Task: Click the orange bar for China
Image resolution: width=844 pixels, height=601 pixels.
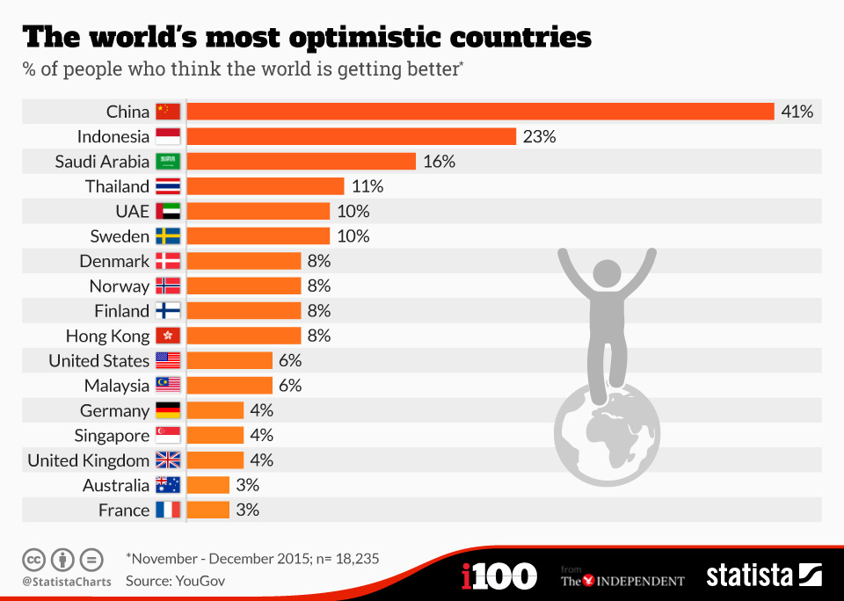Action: click(x=480, y=112)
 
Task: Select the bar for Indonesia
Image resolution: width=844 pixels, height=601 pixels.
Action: click(x=351, y=136)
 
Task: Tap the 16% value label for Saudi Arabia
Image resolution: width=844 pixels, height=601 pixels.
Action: click(x=438, y=162)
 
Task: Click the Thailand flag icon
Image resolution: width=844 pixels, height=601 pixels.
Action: click(x=168, y=186)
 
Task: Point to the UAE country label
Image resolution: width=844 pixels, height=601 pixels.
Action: click(x=132, y=212)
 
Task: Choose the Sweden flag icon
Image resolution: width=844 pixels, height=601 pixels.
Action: click(x=168, y=236)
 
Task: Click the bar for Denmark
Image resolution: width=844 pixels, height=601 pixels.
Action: click(x=244, y=261)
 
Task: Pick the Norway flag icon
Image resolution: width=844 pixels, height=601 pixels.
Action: click(x=168, y=286)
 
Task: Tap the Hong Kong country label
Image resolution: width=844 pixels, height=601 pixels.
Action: click(x=107, y=336)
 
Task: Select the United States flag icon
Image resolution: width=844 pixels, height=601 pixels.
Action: click(x=168, y=360)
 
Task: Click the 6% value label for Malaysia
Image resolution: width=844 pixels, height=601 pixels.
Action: click(x=289, y=386)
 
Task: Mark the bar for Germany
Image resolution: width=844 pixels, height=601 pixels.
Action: click(x=215, y=410)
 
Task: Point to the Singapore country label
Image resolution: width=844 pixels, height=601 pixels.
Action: click(x=112, y=436)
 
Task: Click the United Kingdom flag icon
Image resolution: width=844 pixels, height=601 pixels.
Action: click(x=168, y=460)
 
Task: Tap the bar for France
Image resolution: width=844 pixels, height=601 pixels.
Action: click(x=208, y=510)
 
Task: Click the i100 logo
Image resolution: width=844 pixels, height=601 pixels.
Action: click(x=498, y=576)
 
